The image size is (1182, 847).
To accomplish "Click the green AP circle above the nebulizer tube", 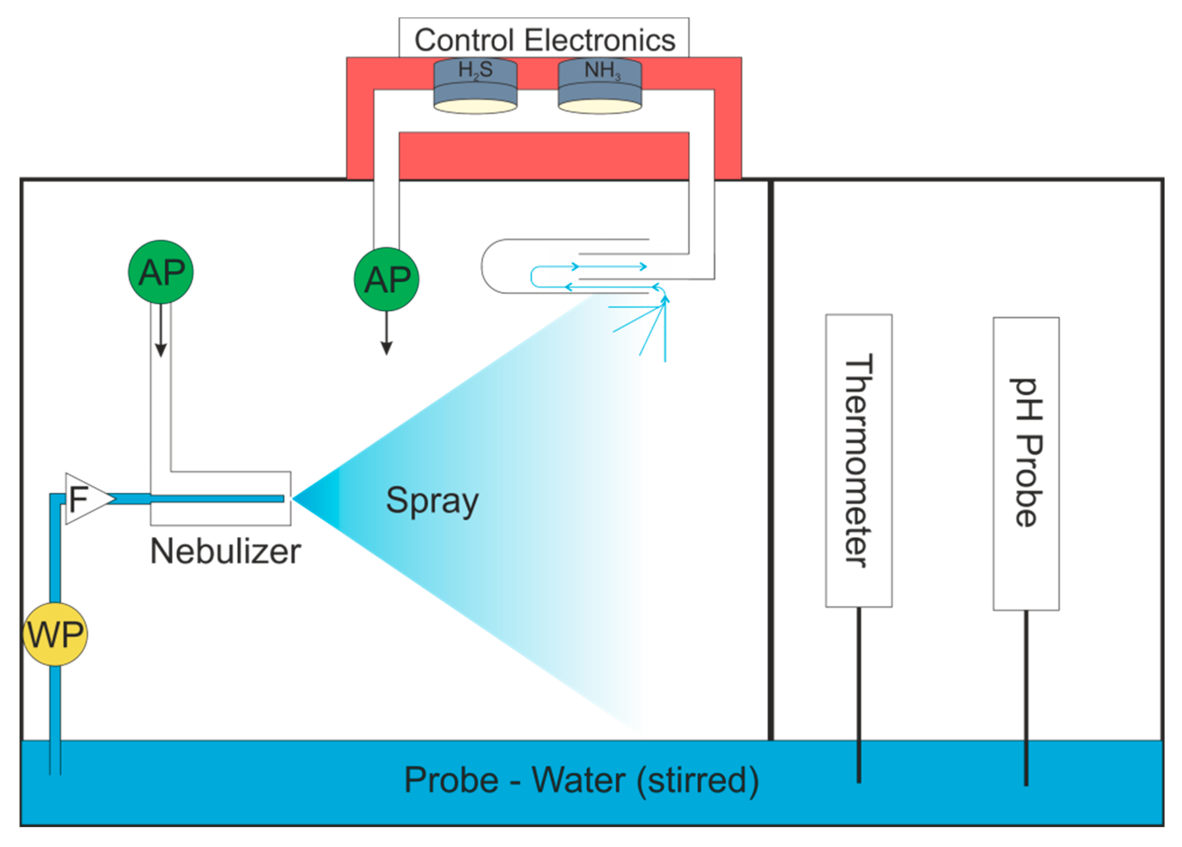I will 161,272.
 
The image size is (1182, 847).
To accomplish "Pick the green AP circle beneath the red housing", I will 386,279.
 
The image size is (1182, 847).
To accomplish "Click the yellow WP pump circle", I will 55,634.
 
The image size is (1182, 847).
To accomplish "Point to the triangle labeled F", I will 83,498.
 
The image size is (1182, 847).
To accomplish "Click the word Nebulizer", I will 225,551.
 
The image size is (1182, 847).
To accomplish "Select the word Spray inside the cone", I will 432,501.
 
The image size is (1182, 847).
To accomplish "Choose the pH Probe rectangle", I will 1026,464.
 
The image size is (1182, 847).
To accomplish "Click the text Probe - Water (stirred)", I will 581,780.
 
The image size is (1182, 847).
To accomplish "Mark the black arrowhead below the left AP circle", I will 161,349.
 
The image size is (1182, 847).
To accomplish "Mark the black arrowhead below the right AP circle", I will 386,348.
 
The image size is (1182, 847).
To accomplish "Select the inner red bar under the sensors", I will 544,155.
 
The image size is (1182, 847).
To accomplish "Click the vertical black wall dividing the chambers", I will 770,459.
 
